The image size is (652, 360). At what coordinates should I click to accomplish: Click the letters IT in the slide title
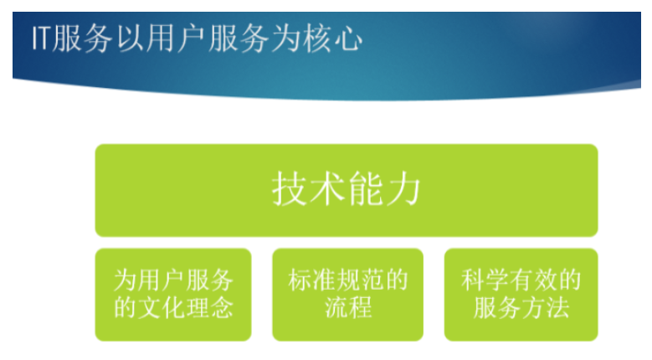tap(42, 39)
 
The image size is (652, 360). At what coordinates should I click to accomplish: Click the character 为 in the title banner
tap(287, 39)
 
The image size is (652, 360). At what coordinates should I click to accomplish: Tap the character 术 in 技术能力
tap(327, 189)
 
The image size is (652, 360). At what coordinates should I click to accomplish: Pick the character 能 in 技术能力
tap(365, 189)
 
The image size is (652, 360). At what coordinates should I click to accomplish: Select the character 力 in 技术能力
tap(403, 189)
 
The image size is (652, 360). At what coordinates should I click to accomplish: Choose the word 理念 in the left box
tap(209, 307)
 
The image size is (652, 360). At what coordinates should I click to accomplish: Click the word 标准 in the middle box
tap(312, 280)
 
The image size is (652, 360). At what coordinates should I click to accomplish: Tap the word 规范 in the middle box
tap(360, 280)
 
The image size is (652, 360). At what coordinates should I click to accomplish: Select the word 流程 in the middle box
tap(348, 307)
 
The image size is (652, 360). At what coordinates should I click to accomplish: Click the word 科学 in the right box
tap(485, 280)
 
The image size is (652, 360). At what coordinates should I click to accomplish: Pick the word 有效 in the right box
tap(533, 280)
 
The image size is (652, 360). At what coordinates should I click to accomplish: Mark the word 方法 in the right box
tap(545, 307)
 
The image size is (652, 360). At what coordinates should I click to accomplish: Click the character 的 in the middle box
tap(396, 280)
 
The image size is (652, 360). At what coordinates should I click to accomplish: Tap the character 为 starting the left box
tap(126, 280)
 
